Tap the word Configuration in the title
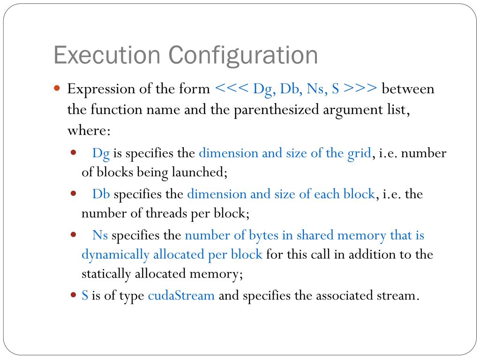[x=243, y=56]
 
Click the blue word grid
[x=359, y=153]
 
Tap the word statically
[x=106, y=274]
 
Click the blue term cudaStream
[x=181, y=296]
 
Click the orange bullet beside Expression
[x=57, y=88]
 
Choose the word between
[x=408, y=89]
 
